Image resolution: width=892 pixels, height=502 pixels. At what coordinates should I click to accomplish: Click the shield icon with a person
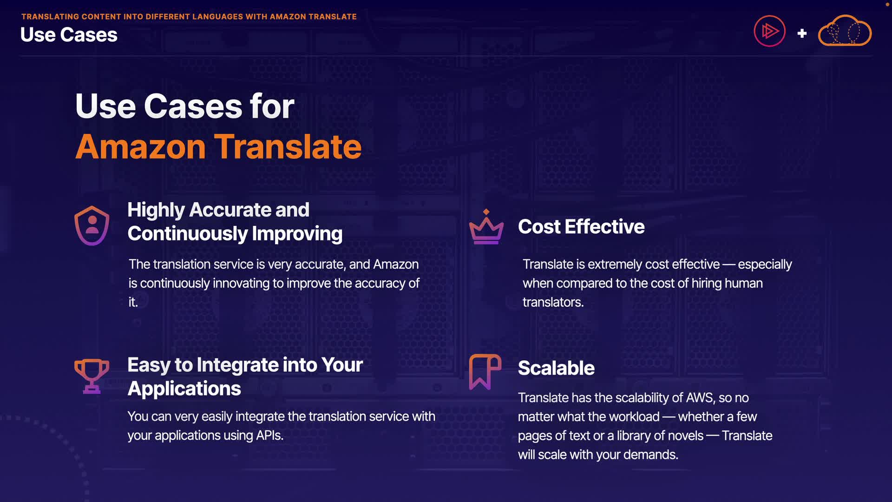tap(92, 225)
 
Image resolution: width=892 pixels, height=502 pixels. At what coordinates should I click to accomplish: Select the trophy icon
tap(92, 376)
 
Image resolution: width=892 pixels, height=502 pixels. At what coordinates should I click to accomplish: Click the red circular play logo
tap(769, 31)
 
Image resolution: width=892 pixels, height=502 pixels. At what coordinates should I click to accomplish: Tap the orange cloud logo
tap(845, 31)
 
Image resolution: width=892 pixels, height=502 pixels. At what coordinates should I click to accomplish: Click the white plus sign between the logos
tap(802, 33)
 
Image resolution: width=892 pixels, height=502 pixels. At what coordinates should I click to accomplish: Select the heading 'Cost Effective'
tap(581, 227)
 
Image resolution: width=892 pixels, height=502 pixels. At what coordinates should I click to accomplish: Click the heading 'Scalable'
tap(556, 368)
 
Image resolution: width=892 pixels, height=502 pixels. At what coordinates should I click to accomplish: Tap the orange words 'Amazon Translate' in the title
tap(218, 147)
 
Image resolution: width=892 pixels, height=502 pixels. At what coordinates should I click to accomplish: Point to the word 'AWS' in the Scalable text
tap(699, 398)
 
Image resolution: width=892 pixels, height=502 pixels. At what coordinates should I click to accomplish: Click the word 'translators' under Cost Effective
tap(552, 303)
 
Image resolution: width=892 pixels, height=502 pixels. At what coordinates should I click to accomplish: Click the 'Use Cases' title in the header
tap(69, 35)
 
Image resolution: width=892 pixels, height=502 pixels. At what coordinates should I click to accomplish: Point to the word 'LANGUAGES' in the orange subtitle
tap(217, 17)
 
